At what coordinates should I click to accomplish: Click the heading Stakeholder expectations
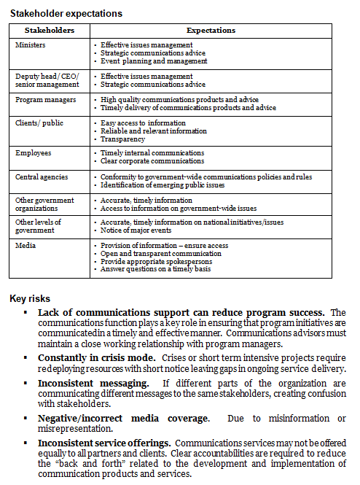pos(66,13)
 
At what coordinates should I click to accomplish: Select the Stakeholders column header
pos(49,31)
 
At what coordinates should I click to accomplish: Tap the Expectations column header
pos(211,31)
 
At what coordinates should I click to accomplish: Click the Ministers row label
pos(31,44)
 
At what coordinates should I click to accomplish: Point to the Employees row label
pos(34,152)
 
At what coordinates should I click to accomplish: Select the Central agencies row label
pos(42,176)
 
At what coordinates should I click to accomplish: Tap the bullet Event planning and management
pos(154,61)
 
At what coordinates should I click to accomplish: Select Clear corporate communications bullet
pos(152,160)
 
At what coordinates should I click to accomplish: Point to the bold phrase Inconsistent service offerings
pos(104,443)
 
